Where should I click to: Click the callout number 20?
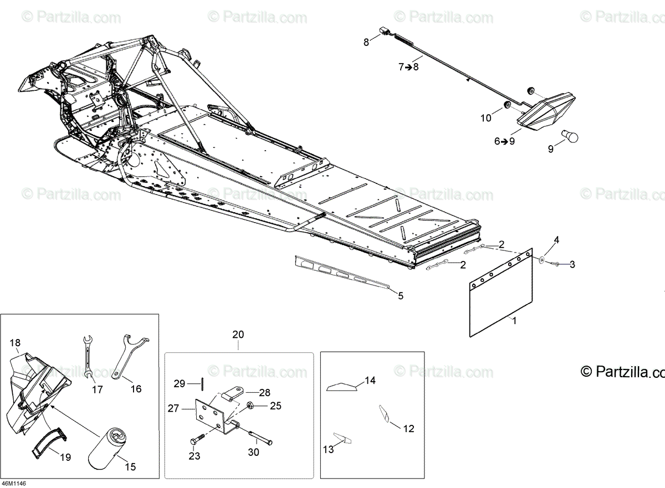238,335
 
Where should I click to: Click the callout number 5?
400,296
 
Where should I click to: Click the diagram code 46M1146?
14,483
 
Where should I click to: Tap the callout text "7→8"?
409,67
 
